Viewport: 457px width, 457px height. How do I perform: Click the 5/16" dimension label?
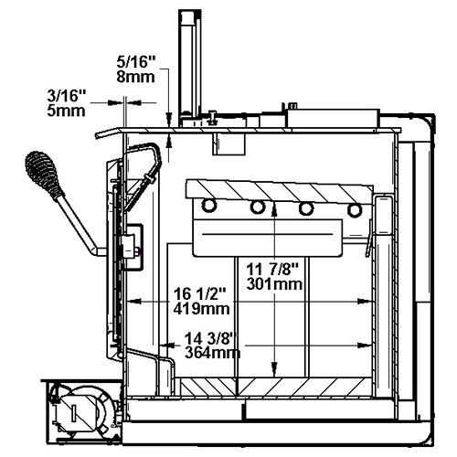[x=136, y=62]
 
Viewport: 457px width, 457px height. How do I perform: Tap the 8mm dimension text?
[x=135, y=77]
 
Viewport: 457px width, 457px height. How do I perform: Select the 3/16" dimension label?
[x=67, y=96]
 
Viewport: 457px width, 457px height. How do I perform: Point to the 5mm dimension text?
[x=66, y=111]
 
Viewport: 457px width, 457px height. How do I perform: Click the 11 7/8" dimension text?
[x=272, y=270]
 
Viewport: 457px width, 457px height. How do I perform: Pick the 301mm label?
[x=274, y=284]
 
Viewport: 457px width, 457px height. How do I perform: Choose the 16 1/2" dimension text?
[x=199, y=294]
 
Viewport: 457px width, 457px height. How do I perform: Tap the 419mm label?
[x=201, y=309]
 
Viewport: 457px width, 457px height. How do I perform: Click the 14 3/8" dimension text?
[x=211, y=338]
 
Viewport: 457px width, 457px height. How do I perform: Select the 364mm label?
[x=212, y=353]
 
